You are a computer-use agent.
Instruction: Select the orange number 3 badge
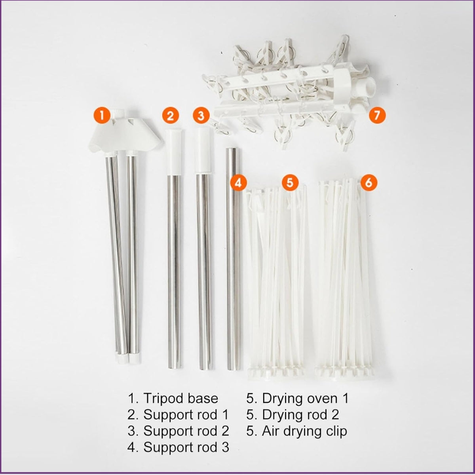[201, 115]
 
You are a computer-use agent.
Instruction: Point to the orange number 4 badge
[238, 183]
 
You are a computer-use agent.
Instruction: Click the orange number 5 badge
[290, 183]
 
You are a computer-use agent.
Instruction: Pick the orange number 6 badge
[369, 183]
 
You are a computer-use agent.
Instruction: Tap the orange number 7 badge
[377, 115]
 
